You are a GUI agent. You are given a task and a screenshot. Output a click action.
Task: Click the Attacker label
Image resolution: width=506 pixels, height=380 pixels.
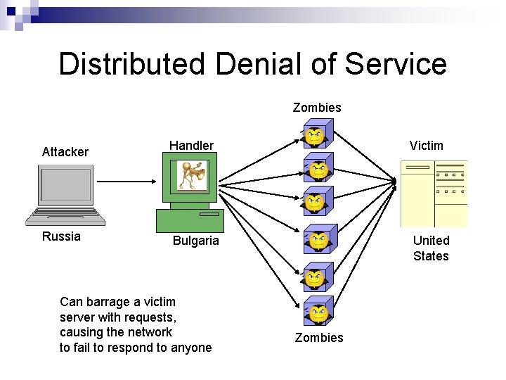pyautogui.click(x=65, y=152)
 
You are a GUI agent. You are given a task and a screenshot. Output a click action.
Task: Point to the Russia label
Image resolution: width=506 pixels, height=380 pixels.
pyautogui.click(x=61, y=236)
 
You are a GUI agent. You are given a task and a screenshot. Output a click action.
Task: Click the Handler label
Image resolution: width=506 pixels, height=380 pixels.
pyautogui.click(x=191, y=146)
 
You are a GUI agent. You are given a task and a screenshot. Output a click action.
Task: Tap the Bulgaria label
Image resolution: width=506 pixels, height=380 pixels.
pyautogui.click(x=196, y=241)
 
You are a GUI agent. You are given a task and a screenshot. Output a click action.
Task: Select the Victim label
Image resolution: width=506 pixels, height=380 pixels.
pyautogui.click(x=427, y=146)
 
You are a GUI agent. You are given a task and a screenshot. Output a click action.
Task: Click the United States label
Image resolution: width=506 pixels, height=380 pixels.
pyautogui.click(x=431, y=248)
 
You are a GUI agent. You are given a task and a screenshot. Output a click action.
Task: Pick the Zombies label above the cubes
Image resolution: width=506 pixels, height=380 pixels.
pyautogui.click(x=317, y=108)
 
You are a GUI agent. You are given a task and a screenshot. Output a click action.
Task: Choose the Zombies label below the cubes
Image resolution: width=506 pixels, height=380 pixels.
pyautogui.click(x=319, y=338)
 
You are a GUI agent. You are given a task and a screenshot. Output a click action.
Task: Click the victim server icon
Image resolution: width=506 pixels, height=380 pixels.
pyautogui.click(x=433, y=193)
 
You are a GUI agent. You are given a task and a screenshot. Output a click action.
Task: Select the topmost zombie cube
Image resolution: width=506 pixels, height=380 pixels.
pyautogui.click(x=318, y=133)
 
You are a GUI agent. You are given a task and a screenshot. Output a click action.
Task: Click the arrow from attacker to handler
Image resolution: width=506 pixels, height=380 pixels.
pyautogui.click(x=126, y=181)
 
